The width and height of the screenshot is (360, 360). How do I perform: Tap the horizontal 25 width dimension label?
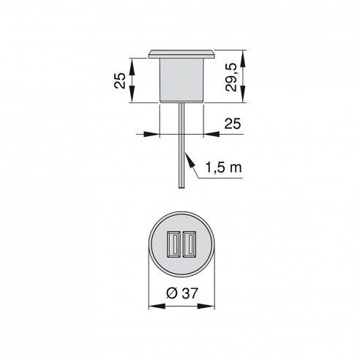(233, 124)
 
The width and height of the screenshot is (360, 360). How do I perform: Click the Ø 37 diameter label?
(179, 292)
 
